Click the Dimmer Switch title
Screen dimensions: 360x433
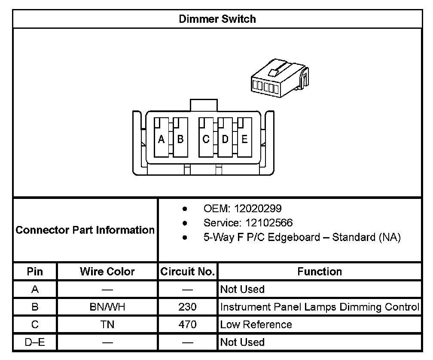tap(217, 19)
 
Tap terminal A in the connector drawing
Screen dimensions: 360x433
tap(162, 139)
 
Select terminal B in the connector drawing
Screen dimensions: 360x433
tap(180, 139)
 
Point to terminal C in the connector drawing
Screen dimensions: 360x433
tap(206, 139)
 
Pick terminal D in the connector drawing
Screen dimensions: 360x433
tap(225, 139)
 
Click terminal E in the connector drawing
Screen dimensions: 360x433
tap(244, 139)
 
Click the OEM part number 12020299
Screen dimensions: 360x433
tap(256, 209)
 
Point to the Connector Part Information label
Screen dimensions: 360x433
tap(85, 230)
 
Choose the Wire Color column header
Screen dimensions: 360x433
tap(107, 272)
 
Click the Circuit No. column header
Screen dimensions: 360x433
tap(187, 272)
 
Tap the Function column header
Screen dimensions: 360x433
tap(320, 272)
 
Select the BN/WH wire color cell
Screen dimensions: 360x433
tap(107, 307)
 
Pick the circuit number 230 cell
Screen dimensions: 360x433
tap(187, 307)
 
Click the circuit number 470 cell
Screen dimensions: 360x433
tap(187, 324)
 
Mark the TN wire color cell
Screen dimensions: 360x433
tap(107, 324)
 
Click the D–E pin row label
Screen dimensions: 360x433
tap(35, 342)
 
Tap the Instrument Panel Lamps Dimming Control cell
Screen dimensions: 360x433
tap(319, 307)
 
